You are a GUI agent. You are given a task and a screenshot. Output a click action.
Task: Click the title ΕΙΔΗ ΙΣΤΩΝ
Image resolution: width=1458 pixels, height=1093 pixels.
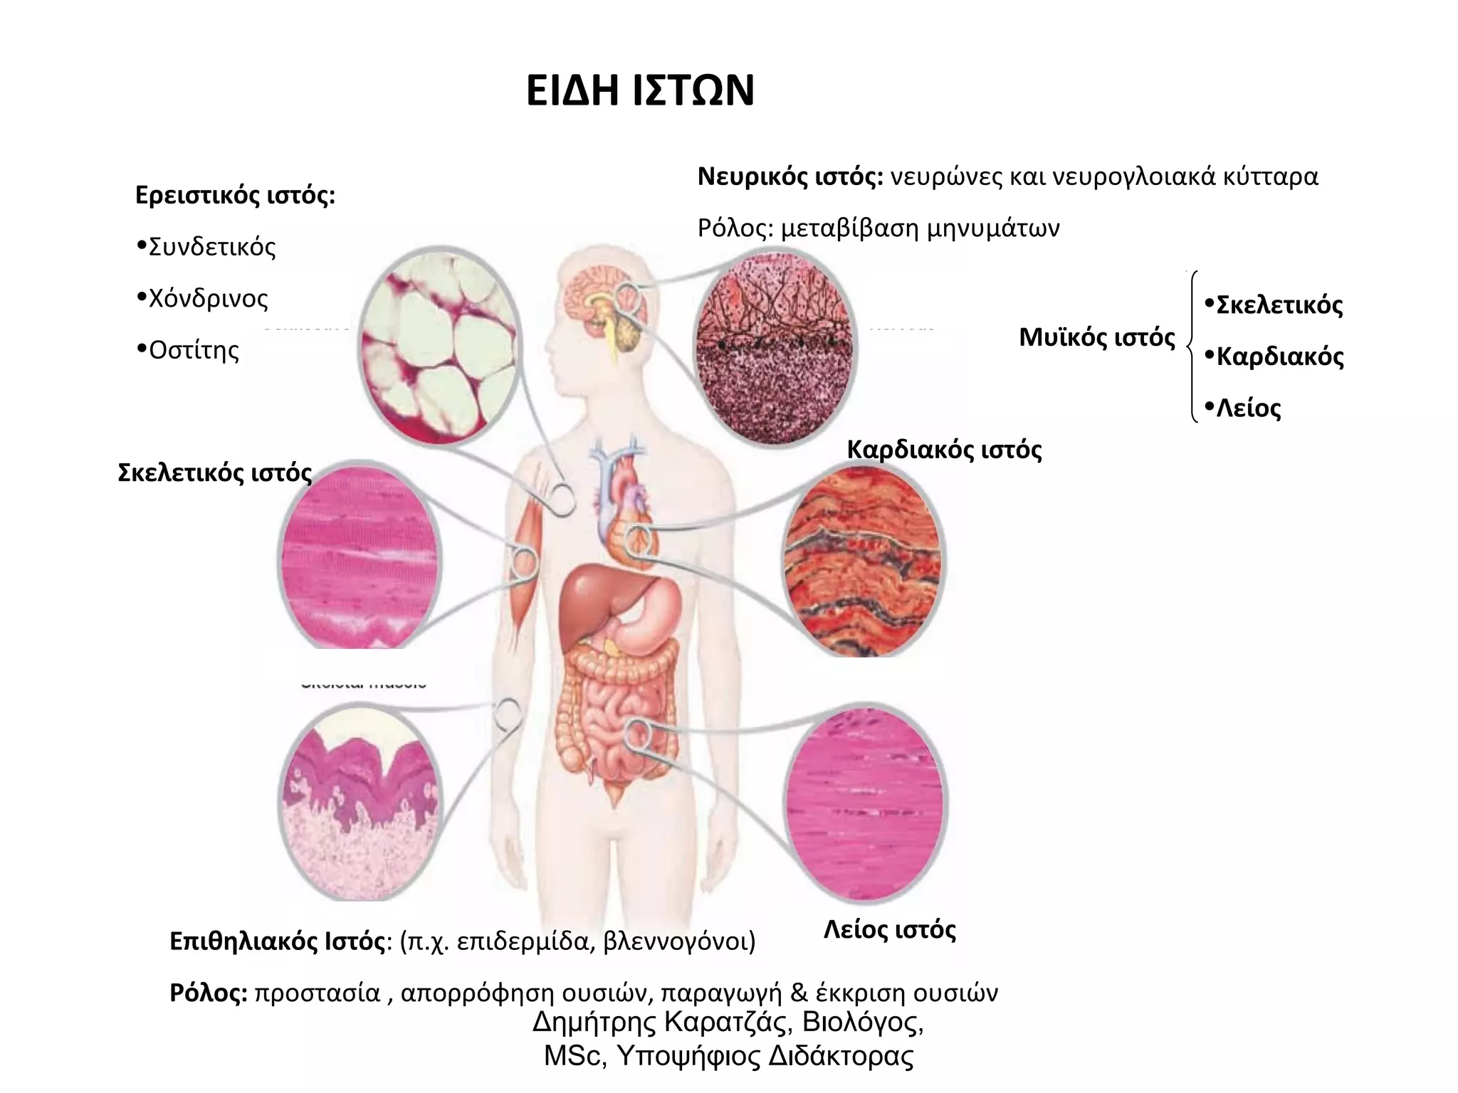(640, 91)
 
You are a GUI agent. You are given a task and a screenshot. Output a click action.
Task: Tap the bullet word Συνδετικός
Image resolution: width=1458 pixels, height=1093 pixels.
(211, 247)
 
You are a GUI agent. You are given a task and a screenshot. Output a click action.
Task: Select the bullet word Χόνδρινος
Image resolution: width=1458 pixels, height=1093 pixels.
(208, 298)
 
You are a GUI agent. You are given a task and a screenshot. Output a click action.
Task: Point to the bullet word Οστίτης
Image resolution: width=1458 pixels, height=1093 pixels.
(194, 350)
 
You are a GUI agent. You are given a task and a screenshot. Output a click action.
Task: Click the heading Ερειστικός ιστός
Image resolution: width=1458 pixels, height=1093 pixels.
(235, 195)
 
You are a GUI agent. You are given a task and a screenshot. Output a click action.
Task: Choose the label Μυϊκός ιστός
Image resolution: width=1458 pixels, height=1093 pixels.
(1096, 337)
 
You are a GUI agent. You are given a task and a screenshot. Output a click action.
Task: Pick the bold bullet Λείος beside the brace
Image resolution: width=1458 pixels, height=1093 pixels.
(1248, 408)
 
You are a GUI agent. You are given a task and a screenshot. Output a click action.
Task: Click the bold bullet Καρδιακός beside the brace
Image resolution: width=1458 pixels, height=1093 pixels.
(1279, 356)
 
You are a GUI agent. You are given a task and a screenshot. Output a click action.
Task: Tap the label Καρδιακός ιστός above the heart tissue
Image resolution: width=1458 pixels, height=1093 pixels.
(944, 450)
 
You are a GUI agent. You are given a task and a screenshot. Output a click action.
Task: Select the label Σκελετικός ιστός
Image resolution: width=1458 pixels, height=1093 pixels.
(214, 473)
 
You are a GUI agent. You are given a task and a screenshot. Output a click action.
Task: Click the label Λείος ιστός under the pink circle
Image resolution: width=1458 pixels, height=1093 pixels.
(889, 929)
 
